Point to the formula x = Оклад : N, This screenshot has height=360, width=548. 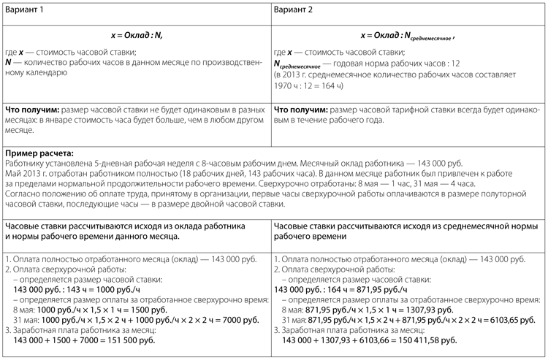[136, 35]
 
